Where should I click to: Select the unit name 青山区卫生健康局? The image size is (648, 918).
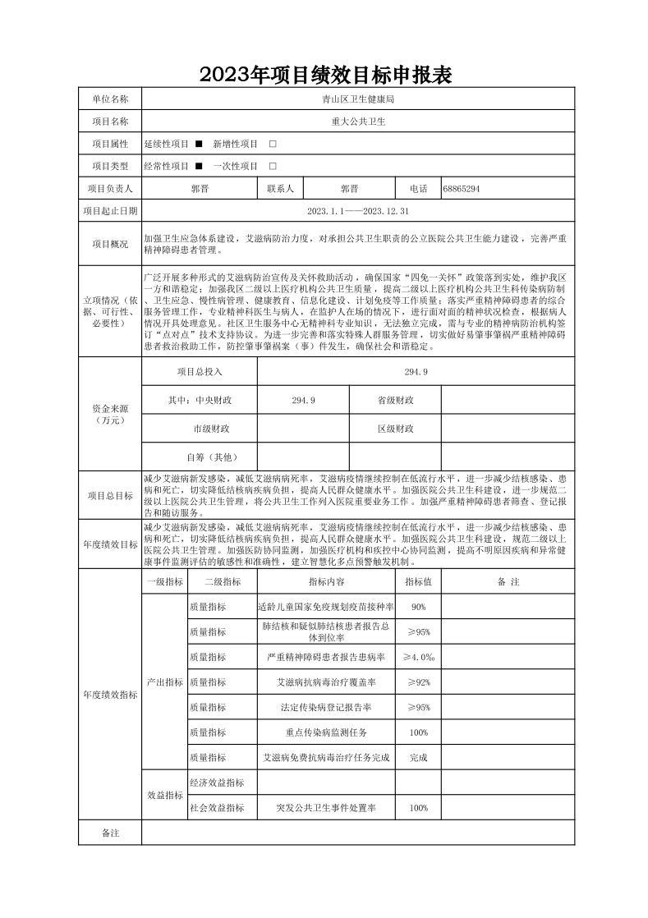coord(358,99)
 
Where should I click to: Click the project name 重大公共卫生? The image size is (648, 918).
coord(358,122)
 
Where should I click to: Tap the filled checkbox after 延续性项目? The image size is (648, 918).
coord(199,144)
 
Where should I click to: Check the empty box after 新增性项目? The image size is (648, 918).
coord(273,144)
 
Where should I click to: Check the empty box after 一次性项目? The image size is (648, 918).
coord(273,166)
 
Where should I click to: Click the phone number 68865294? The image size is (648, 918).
coord(461,189)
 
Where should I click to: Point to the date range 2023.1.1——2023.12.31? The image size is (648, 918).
coord(358,211)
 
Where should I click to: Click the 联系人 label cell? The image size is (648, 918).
coord(281,189)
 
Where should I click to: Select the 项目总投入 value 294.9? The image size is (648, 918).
coord(416,372)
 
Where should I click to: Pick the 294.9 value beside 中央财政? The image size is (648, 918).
coord(303,400)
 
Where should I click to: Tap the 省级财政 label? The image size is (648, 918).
coord(395,400)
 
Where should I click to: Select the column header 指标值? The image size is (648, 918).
coord(418,581)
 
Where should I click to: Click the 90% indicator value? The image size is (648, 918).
coord(418,607)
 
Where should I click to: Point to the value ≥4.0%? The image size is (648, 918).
coord(418,657)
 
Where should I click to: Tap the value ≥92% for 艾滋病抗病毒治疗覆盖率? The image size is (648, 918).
coord(418,682)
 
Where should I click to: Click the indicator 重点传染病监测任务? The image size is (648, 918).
coord(326,732)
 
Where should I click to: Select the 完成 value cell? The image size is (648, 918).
coord(418,757)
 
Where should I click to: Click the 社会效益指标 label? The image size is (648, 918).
coord(217,808)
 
